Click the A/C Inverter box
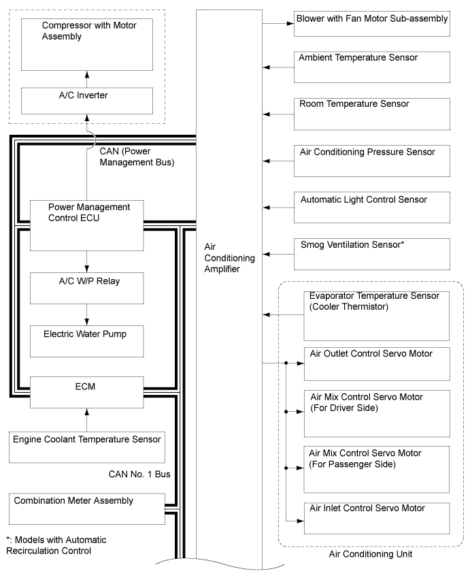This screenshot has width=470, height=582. click(x=87, y=100)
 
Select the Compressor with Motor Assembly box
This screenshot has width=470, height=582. click(x=87, y=42)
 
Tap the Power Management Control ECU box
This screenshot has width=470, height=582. click(x=87, y=225)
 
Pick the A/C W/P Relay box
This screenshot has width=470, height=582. click(x=87, y=288)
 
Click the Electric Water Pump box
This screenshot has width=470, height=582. click(x=87, y=340)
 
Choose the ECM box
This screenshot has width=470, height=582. click(x=87, y=392)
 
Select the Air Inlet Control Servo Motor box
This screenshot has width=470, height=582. click(x=377, y=517)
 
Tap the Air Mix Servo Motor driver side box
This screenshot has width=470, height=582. click(x=377, y=413)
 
